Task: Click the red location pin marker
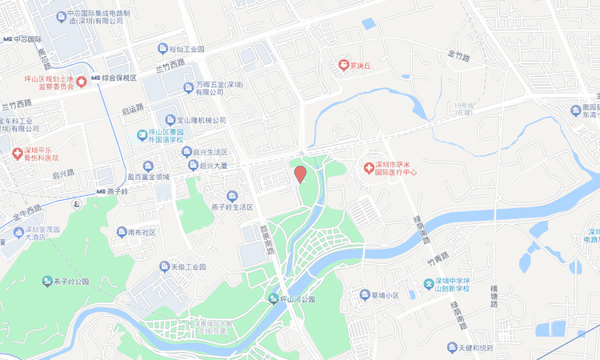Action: (x=300, y=174)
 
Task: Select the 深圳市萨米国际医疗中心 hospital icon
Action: (x=369, y=167)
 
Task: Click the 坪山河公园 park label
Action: (x=297, y=299)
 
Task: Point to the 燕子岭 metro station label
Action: (x=117, y=191)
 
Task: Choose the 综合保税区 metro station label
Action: (x=118, y=78)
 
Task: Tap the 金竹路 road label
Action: (x=460, y=56)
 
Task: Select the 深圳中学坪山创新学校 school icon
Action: (x=429, y=284)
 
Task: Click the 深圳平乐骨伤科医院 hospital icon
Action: (x=16, y=154)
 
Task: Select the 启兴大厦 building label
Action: (x=213, y=166)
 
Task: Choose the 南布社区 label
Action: (x=141, y=232)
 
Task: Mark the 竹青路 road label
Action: (x=439, y=261)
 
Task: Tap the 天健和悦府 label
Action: (x=486, y=347)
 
